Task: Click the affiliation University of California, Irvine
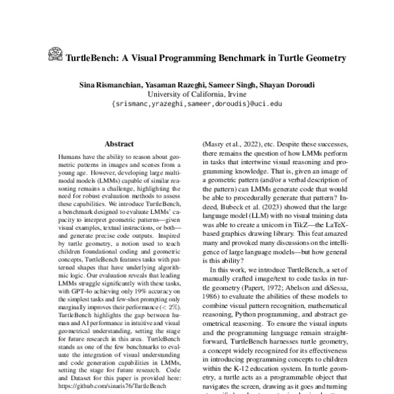[196, 94]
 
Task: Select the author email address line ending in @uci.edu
[196, 104]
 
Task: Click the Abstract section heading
[119, 144]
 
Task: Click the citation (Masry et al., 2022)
[229, 150]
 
